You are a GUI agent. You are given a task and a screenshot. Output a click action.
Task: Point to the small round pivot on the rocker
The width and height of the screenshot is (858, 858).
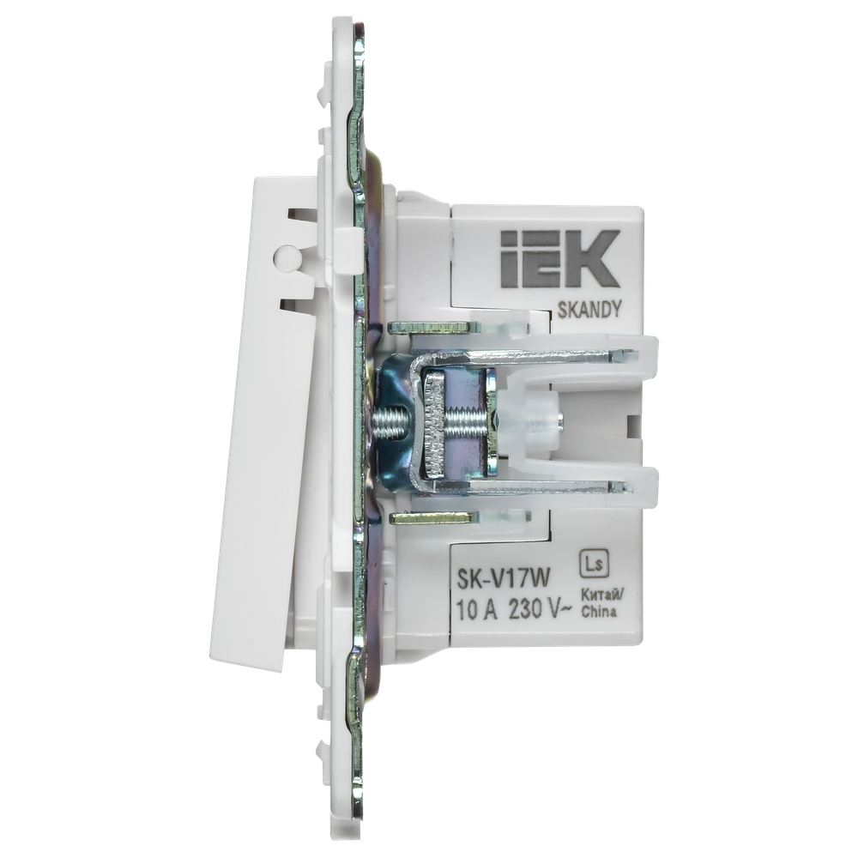click(x=284, y=256)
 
